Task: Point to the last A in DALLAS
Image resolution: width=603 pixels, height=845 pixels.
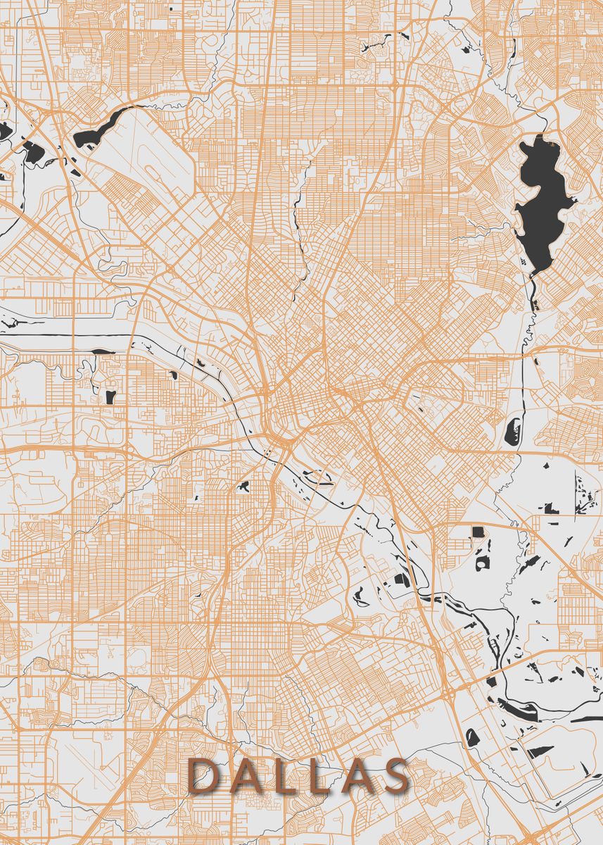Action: [355, 776]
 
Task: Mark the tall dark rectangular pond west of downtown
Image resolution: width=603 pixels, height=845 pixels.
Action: [110, 396]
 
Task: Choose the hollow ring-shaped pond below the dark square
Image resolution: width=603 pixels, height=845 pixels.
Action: [483, 563]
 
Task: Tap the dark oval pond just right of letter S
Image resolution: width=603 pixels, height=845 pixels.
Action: [472, 737]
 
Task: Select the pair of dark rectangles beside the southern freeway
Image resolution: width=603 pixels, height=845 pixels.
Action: [402, 581]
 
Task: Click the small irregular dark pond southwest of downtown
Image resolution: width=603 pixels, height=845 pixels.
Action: [244, 486]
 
